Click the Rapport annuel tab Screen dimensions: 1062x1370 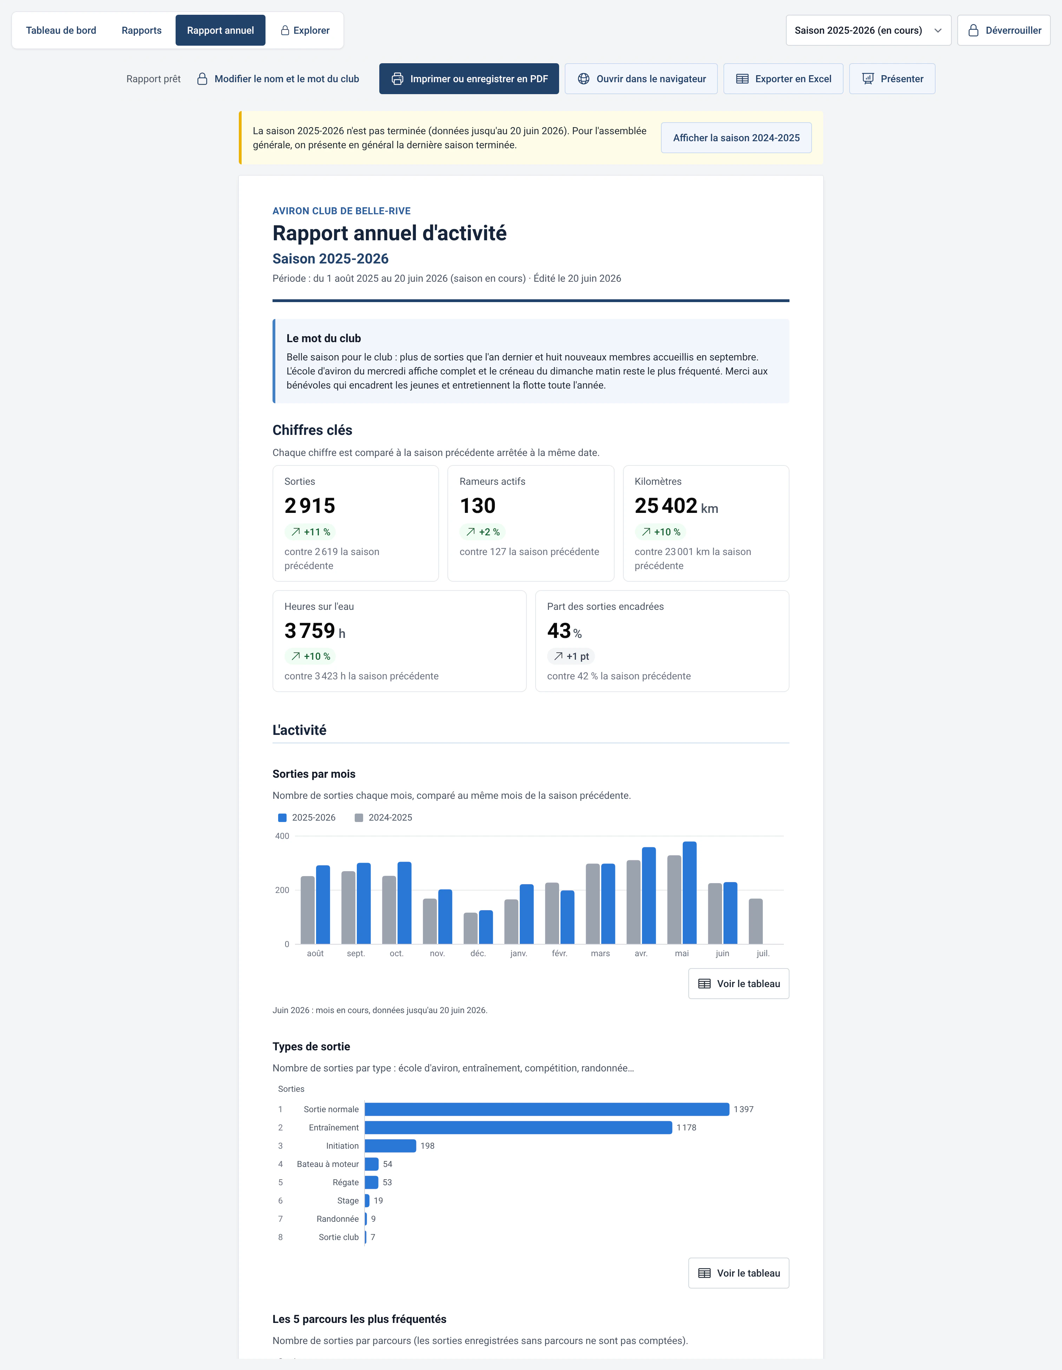220,30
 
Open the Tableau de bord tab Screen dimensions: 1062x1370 61,30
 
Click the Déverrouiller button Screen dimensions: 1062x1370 1004,30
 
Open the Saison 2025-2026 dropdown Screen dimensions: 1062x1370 868,30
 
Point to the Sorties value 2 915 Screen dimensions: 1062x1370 310,505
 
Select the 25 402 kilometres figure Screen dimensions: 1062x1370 666,505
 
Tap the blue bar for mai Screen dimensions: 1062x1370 689,893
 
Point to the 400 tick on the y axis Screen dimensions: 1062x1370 282,836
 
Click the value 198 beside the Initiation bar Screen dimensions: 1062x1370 427,1146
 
